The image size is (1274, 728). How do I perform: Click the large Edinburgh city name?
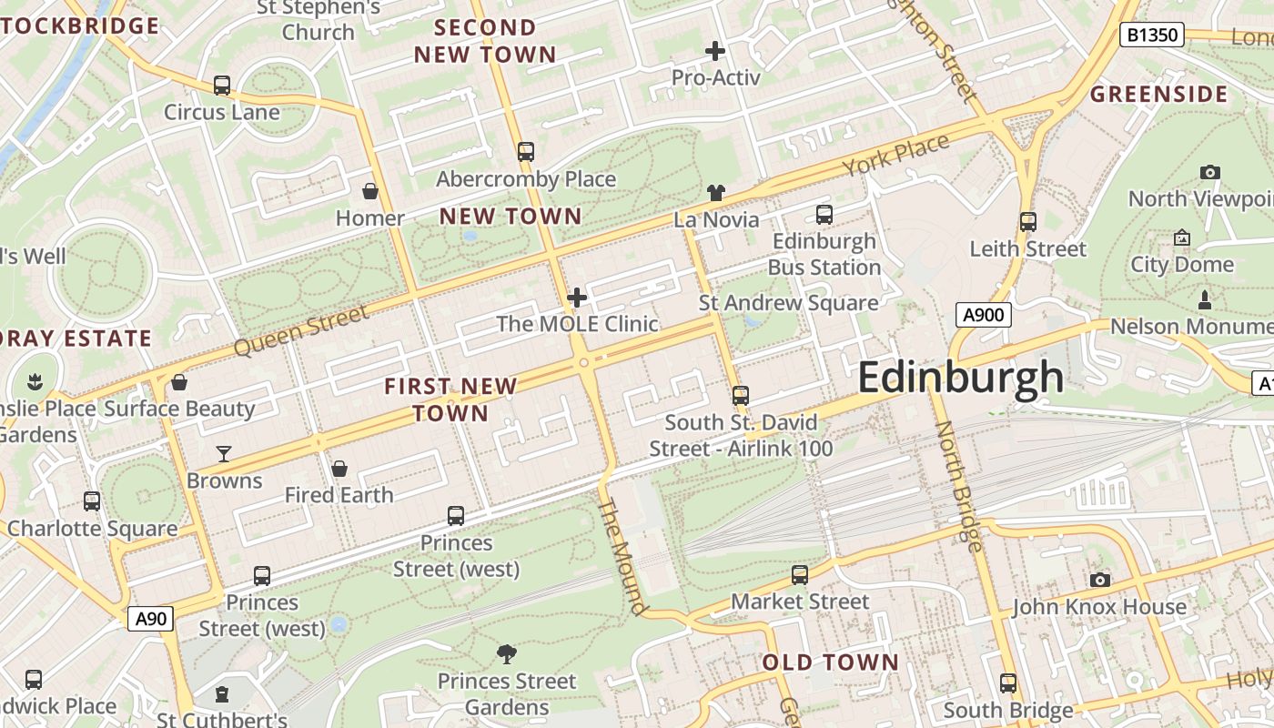click(x=960, y=377)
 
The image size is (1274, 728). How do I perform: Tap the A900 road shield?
click(x=983, y=316)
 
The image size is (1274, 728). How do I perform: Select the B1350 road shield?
click(x=1153, y=35)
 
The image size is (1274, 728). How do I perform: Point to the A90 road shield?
click(x=150, y=620)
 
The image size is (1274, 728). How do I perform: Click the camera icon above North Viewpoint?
click(x=1209, y=172)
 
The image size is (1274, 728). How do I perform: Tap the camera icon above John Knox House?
click(x=1099, y=580)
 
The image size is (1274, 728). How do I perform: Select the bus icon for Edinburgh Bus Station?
click(x=824, y=215)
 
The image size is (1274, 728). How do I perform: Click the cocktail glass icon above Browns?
click(x=223, y=453)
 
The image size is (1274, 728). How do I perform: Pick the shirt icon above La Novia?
click(x=716, y=192)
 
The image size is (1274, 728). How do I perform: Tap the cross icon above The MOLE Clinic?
click(x=576, y=297)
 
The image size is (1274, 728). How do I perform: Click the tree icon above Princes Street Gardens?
click(x=507, y=653)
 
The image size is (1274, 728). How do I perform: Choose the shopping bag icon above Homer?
click(x=370, y=191)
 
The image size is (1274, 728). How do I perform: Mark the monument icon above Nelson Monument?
click(x=1205, y=299)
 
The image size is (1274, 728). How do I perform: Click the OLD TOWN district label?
click(x=830, y=662)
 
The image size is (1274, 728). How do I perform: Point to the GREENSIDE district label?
click(x=1158, y=95)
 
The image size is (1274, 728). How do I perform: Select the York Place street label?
click(x=895, y=156)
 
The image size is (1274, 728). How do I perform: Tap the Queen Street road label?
click(x=301, y=330)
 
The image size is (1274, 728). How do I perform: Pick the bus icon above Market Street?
click(x=799, y=575)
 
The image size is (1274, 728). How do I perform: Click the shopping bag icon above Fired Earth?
click(x=339, y=469)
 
